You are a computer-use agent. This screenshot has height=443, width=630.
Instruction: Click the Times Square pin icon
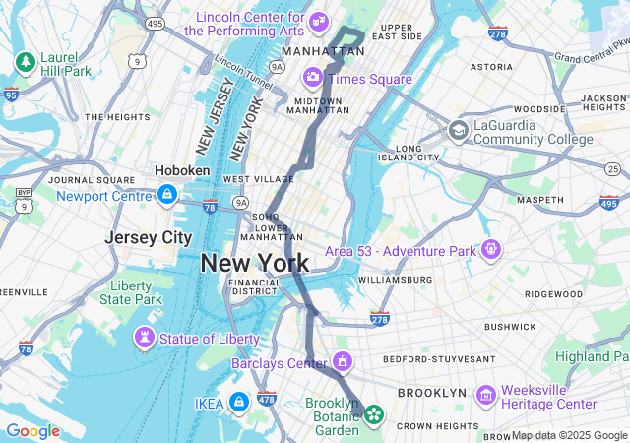(x=312, y=77)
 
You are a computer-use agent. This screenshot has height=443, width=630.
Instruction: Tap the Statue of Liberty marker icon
(x=145, y=339)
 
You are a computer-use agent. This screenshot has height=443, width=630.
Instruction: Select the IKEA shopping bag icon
(x=238, y=402)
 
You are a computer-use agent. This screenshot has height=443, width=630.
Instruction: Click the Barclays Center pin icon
(x=342, y=363)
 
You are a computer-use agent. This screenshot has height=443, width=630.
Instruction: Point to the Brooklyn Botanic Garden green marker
(x=373, y=414)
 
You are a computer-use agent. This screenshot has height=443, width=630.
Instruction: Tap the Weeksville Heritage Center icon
(x=485, y=396)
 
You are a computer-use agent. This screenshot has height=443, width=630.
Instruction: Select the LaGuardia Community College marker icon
(x=458, y=130)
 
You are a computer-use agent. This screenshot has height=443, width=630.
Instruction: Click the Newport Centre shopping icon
(x=166, y=195)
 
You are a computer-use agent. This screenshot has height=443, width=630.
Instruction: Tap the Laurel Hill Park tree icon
(x=25, y=63)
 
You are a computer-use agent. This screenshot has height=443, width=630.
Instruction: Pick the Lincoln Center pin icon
(x=318, y=22)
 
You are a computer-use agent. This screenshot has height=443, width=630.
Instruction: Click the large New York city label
(x=255, y=263)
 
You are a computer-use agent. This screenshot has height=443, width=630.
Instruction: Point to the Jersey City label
(x=149, y=237)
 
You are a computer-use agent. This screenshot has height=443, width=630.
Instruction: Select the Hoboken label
(x=182, y=170)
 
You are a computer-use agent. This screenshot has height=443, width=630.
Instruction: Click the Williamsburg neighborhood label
(x=395, y=280)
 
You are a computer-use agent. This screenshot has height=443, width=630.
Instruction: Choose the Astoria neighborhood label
(x=491, y=67)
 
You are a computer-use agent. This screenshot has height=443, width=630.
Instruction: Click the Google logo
(x=32, y=431)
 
